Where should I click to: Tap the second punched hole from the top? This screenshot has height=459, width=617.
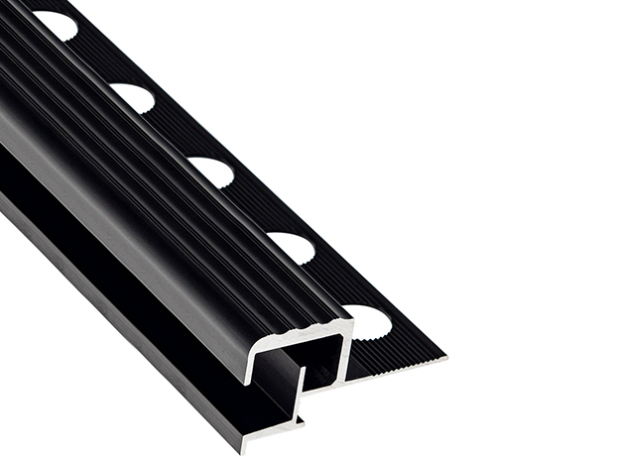pyautogui.click(x=133, y=96)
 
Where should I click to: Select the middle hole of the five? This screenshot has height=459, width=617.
pyautogui.click(x=210, y=171)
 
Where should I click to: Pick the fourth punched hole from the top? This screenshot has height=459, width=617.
pyautogui.click(x=291, y=247)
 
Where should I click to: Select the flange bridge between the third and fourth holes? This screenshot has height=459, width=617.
pyautogui.click(x=253, y=211)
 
